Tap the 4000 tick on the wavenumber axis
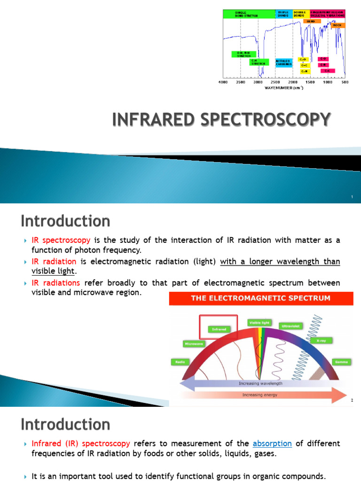(223, 83)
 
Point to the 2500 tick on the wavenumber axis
(275, 83)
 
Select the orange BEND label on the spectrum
(311, 21)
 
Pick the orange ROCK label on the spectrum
(337, 25)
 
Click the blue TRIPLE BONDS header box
(284, 14)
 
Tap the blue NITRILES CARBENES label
(284, 62)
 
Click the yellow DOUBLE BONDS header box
(299, 14)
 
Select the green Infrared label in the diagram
(219, 329)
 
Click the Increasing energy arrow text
(259, 395)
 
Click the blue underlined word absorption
(272, 443)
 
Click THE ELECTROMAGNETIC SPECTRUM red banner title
(260, 298)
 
